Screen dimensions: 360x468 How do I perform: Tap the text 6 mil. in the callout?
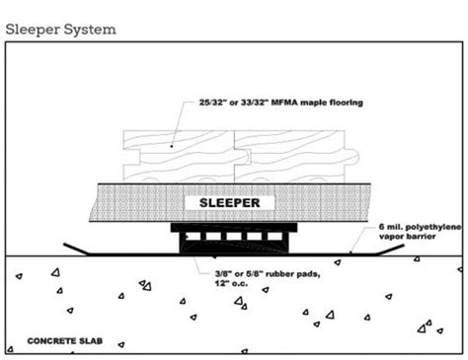pos(388,227)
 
